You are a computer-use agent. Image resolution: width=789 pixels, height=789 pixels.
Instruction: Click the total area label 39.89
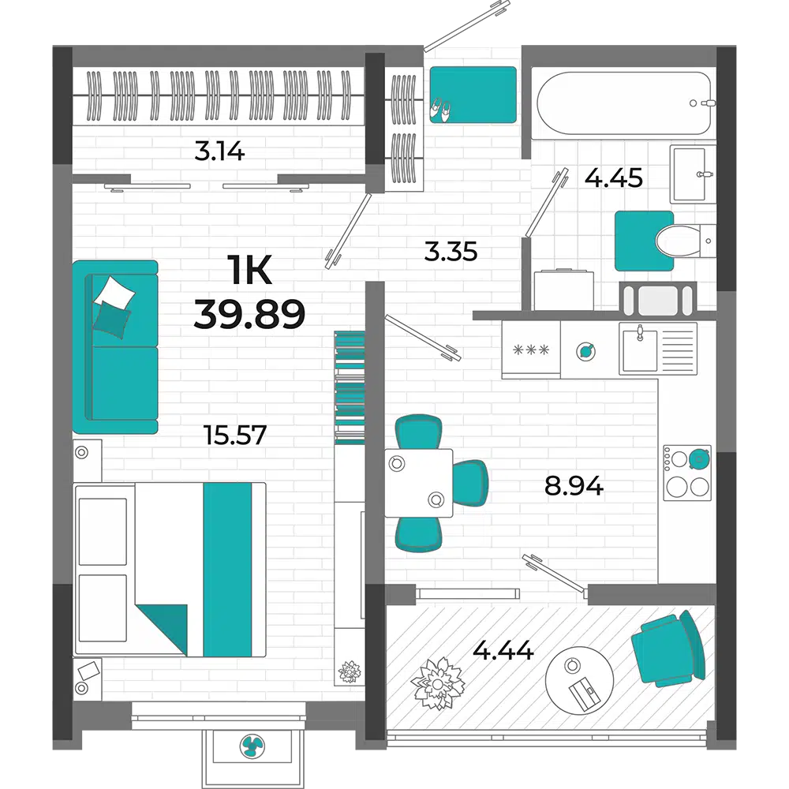click(x=249, y=314)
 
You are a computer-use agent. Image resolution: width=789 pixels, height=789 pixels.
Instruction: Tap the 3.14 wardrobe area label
click(x=219, y=151)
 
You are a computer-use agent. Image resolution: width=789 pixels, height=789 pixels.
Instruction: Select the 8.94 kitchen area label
click(x=574, y=486)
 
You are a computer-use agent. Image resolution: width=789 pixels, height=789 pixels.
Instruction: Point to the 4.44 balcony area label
click(x=503, y=650)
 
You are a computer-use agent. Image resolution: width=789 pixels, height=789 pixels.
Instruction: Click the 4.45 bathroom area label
click(x=613, y=178)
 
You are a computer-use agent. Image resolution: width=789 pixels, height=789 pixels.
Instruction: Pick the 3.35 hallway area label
click(x=451, y=251)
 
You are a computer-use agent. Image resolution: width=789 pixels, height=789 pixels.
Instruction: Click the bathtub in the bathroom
click(x=624, y=103)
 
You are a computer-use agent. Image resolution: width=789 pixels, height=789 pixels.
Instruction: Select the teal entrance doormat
click(x=473, y=95)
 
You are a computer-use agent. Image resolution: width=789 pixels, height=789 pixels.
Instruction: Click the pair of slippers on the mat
click(x=441, y=110)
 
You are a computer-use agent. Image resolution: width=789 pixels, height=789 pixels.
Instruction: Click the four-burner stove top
click(x=687, y=473)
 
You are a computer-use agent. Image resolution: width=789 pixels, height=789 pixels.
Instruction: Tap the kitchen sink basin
click(x=640, y=350)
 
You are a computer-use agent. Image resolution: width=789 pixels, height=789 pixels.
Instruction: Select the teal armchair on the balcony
click(x=669, y=649)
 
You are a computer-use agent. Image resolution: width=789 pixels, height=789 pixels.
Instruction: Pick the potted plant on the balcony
click(x=438, y=683)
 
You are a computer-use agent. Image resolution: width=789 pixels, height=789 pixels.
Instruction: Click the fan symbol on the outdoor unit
click(x=252, y=746)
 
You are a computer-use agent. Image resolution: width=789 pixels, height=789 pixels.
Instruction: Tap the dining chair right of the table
click(x=470, y=483)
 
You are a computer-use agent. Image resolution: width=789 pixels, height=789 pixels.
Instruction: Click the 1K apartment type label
click(x=249, y=270)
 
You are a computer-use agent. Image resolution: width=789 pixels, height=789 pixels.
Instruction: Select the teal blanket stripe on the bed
click(x=227, y=570)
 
